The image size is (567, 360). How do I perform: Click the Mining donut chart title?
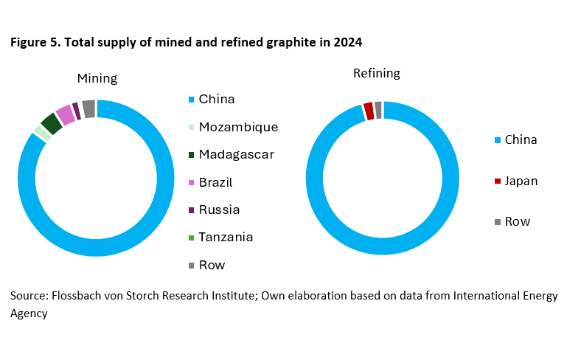click(x=97, y=78)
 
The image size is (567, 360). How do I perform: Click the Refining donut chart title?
click(x=376, y=73)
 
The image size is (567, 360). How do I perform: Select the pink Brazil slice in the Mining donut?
click(x=65, y=115)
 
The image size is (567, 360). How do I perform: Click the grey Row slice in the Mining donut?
click(x=88, y=108)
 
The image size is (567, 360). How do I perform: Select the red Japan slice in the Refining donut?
click(x=369, y=111)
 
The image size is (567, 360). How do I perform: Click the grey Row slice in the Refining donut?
click(x=378, y=109)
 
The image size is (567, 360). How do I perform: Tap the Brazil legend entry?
click(x=215, y=182)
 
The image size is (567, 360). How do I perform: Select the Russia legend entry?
click(x=218, y=210)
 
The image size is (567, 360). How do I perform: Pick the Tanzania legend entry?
click(x=226, y=237)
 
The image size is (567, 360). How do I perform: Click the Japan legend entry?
click(x=521, y=181)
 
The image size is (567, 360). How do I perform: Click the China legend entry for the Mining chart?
click(x=216, y=99)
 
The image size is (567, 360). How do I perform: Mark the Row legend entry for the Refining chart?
click(x=517, y=221)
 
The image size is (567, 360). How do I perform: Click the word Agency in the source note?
click(x=29, y=313)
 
